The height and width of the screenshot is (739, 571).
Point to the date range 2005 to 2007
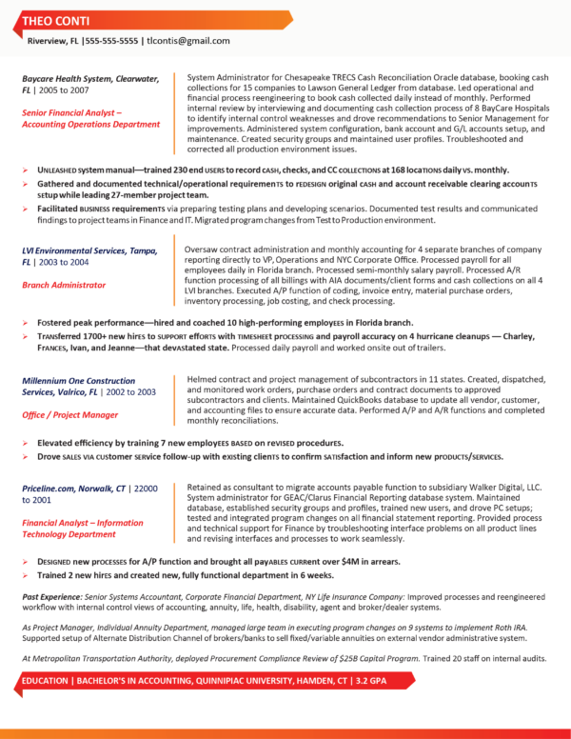64,89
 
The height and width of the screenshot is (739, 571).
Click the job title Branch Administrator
64,284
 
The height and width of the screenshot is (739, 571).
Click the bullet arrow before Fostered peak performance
26,324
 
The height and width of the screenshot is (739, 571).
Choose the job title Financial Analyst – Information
84,523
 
